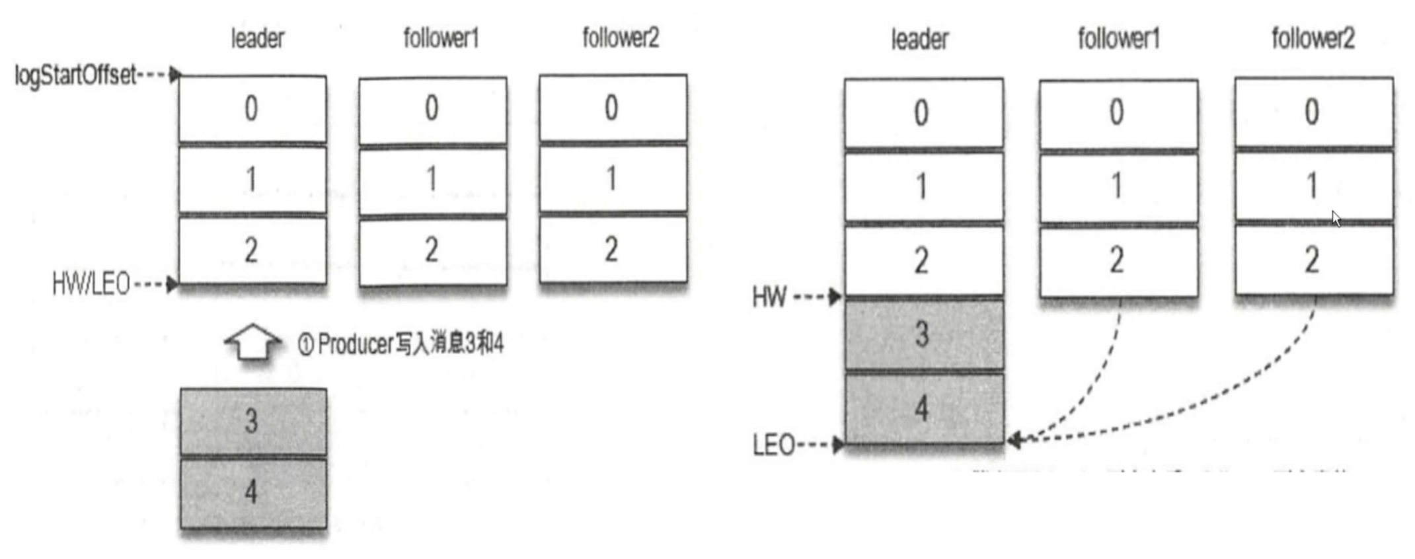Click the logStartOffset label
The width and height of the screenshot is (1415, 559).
click(x=75, y=75)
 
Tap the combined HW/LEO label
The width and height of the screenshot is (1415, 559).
click(x=91, y=285)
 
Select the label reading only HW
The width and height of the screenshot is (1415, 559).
click(x=769, y=297)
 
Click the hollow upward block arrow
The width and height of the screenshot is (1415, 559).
click(x=252, y=342)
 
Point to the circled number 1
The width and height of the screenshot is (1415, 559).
click(x=305, y=344)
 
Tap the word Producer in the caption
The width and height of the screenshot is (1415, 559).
click(x=356, y=344)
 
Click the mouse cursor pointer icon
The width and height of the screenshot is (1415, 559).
click(x=1336, y=219)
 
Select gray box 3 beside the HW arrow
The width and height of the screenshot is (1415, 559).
click(x=923, y=334)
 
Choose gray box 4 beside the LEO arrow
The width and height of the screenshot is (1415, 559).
click(x=923, y=408)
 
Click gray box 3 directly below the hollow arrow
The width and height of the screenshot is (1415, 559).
click(x=252, y=421)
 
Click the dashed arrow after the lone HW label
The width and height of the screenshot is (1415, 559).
click(x=817, y=297)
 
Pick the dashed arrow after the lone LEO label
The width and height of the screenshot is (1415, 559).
click(x=820, y=445)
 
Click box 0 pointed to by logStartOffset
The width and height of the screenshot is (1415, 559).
click(x=252, y=108)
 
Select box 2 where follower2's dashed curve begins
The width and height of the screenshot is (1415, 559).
click(x=1313, y=260)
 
